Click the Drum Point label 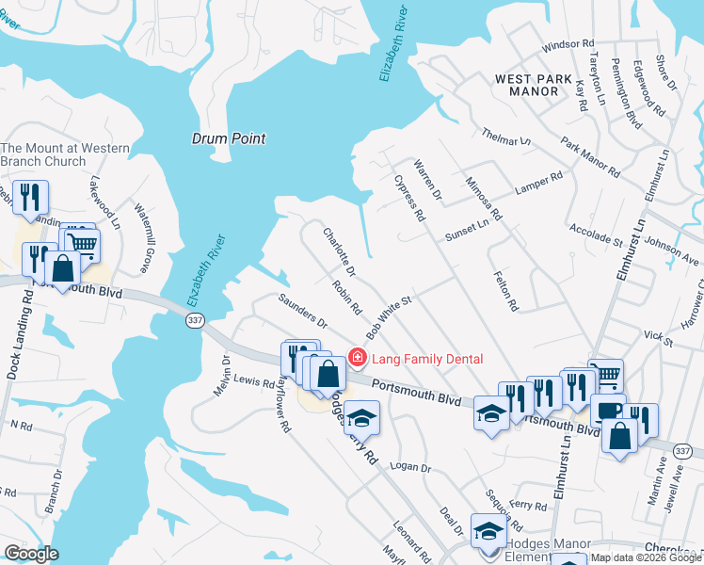[x=229, y=138]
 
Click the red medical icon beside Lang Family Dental [x=357, y=358]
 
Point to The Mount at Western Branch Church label [x=57, y=154]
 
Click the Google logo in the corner [x=31, y=553]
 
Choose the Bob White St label [x=390, y=317]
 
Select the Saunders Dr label [x=301, y=311]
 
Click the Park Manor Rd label [x=590, y=158]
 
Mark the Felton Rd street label [x=506, y=290]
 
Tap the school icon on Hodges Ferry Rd [x=361, y=417]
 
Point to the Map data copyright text [x=645, y=557]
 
